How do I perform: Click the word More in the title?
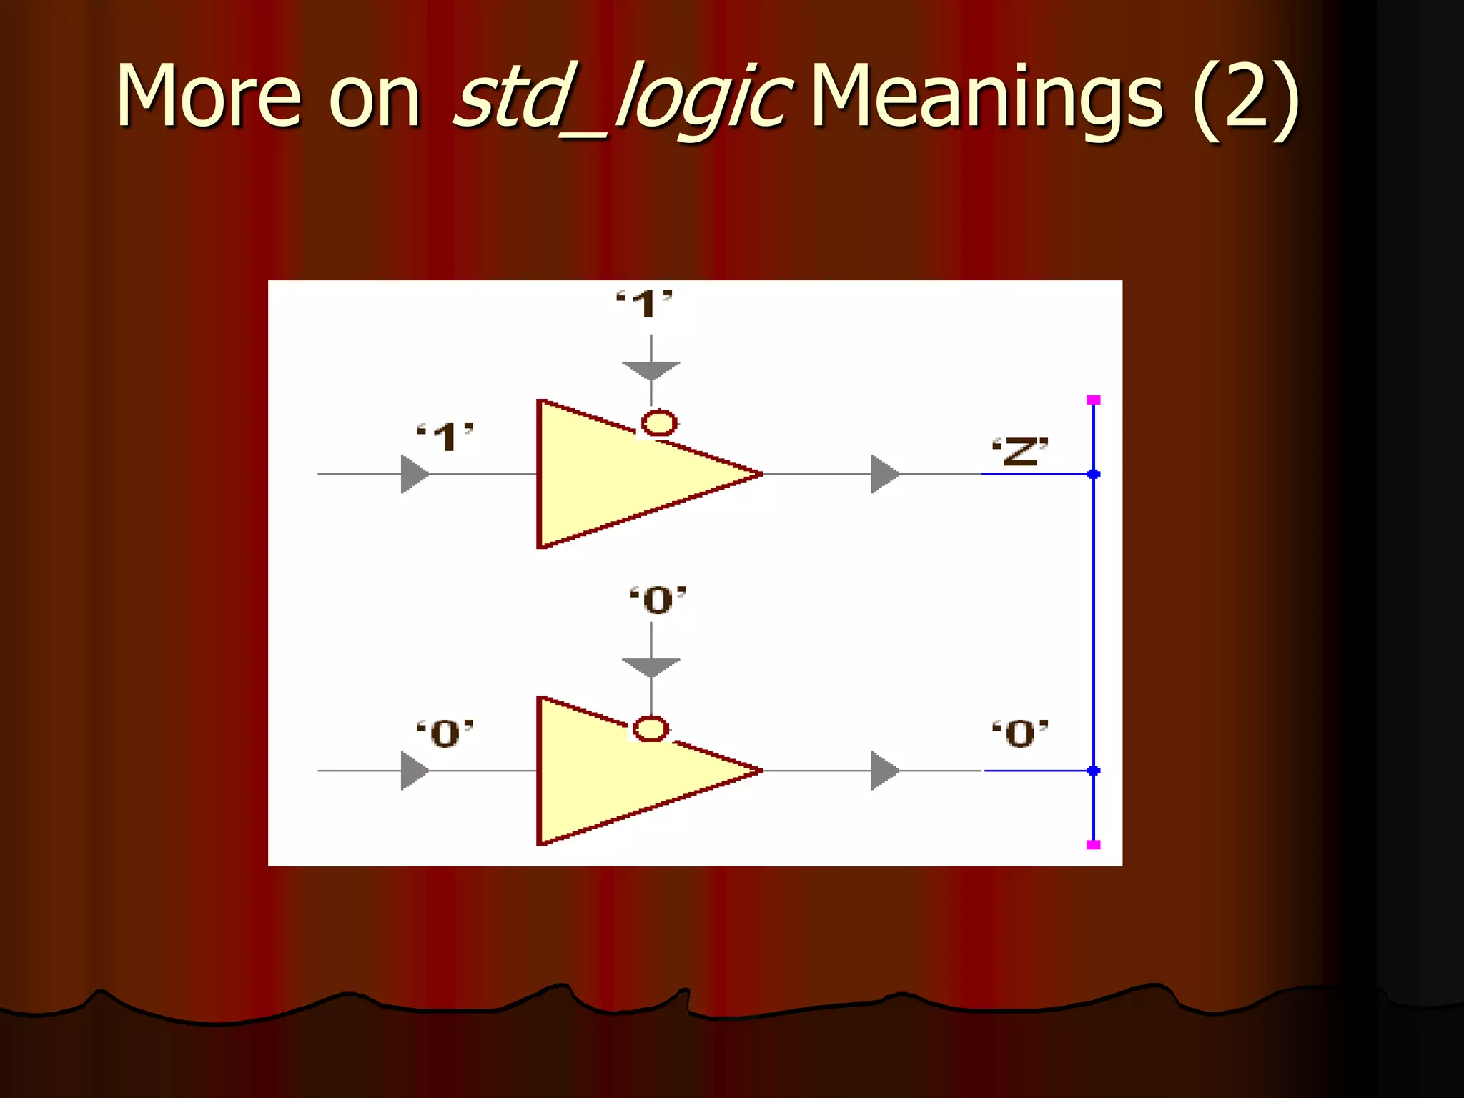[208, 97]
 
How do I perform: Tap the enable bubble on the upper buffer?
[659, 422]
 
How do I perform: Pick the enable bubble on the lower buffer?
[651, 729]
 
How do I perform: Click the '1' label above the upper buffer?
[645, 305]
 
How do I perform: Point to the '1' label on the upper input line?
[445, 437]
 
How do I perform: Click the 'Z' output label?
[1020, 451]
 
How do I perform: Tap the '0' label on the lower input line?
[445, 733]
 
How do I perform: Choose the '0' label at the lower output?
[1020, 733]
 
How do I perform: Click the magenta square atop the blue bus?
[1093, 400]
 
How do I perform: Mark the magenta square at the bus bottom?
[1093, 844]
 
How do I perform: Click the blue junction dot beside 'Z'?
[1093, 474]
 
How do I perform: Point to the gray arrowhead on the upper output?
[884, 474]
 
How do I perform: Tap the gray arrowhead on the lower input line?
[414, 771]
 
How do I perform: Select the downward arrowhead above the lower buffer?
[651, 667]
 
